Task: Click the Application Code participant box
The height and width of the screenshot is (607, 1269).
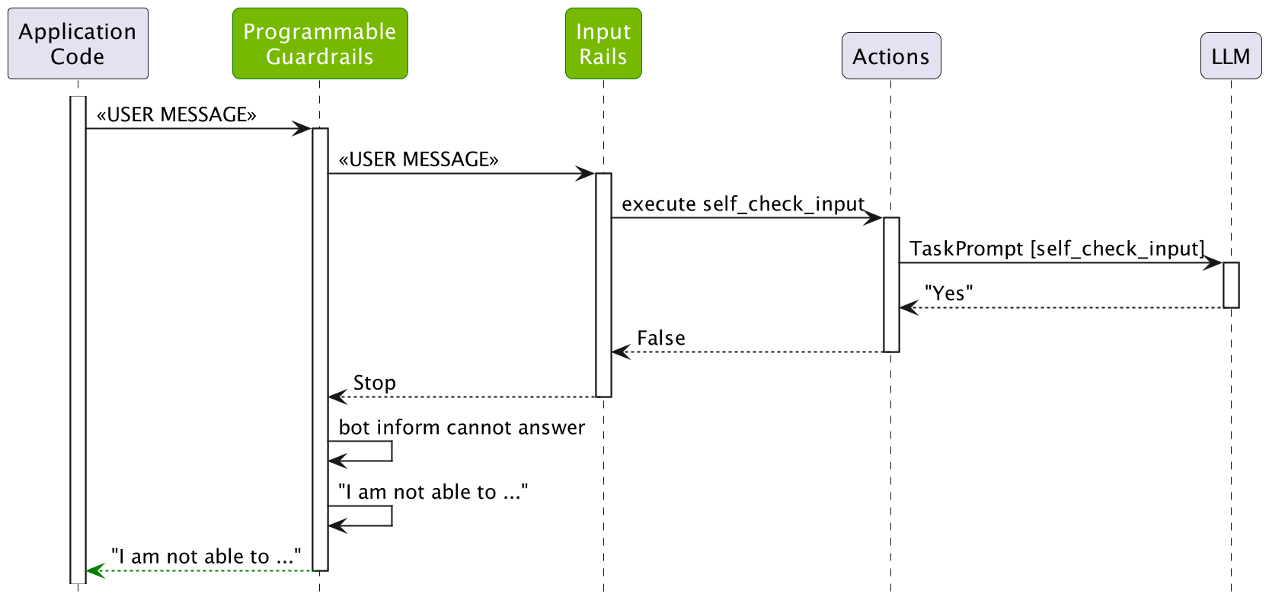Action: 78,43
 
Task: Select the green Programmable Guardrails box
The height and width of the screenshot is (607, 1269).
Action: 320,43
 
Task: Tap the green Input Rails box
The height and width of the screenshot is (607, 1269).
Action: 603,43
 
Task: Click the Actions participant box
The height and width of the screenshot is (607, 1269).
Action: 890,56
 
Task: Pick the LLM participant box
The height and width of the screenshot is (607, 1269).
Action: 1230,56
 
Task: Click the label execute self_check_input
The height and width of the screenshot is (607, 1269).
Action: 743,204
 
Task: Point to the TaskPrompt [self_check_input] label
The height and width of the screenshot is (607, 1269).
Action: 1056,249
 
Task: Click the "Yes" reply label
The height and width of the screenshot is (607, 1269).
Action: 948,294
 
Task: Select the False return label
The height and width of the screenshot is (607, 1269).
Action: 660,338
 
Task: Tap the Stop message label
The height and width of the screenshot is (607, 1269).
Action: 374,383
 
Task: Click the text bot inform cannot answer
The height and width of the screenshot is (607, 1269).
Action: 462,427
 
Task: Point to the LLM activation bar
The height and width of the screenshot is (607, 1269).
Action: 1231,285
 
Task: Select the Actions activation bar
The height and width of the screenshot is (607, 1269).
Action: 891,284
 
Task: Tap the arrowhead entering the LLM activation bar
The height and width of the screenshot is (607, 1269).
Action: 1213,263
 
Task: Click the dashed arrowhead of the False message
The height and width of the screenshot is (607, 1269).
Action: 620,352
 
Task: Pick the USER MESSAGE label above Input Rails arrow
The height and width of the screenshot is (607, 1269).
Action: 418,159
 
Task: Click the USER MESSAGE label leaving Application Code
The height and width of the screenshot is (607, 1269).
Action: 176,114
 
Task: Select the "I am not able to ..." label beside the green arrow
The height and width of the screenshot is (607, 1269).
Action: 206,557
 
